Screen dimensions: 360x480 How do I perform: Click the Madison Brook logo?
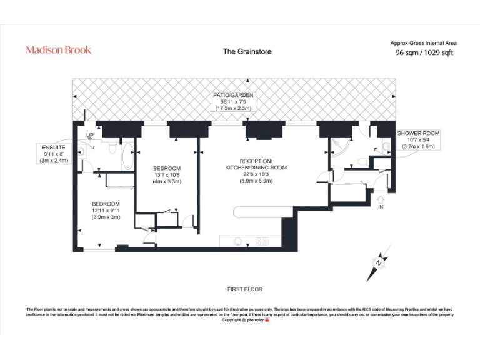(58, 50)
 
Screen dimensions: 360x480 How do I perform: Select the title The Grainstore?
(247, 51)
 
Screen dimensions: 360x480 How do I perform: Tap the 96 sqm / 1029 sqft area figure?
(424, 53)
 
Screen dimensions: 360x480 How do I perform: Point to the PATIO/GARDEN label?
(233, 96)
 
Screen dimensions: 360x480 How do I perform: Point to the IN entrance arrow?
(380, 201)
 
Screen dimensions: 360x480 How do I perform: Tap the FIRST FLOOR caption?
(245, 289)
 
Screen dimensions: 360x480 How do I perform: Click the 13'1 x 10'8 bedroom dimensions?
(167, 175)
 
